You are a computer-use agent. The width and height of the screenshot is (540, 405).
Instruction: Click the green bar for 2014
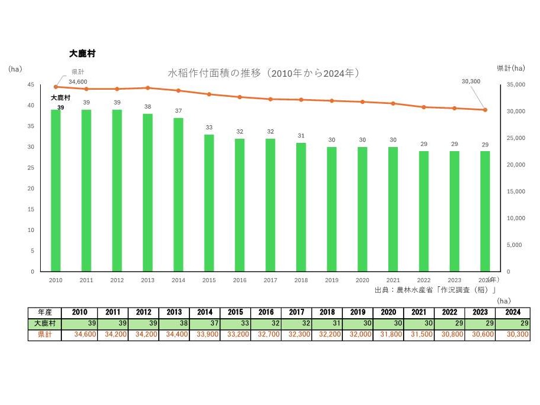(x=178, y=194)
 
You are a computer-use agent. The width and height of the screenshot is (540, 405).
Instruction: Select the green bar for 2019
(x=332, y=209)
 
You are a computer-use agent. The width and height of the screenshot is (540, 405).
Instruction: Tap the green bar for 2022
(x=424, y=211)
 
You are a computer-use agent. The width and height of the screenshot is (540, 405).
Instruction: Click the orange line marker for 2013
(x=148, y=88)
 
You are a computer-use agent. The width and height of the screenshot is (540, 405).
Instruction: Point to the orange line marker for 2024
(x=485, y=110)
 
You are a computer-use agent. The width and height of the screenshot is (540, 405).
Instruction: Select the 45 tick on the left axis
(x=31, y=85)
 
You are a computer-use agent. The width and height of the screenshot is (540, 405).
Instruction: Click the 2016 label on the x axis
(x=240, y=280)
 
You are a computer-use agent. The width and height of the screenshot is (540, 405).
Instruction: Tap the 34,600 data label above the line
(x=78, y=81)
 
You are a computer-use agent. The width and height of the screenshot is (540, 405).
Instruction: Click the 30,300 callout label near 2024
(x=470, y=81)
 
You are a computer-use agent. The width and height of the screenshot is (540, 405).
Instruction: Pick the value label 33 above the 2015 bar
(x=209, y=128)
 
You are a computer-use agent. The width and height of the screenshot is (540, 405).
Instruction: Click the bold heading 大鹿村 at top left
(x=82, y=53)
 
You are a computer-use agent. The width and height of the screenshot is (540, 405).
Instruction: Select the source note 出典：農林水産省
(x=434, y=290)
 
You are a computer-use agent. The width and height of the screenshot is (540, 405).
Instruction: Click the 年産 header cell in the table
(x=44, y=312)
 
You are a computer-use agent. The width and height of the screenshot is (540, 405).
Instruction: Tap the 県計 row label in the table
(x=44, y=335)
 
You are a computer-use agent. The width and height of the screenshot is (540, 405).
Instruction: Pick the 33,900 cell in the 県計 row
(x=204, y=335)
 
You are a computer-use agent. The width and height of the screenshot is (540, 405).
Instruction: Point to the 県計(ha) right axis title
(x=510, y=68)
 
